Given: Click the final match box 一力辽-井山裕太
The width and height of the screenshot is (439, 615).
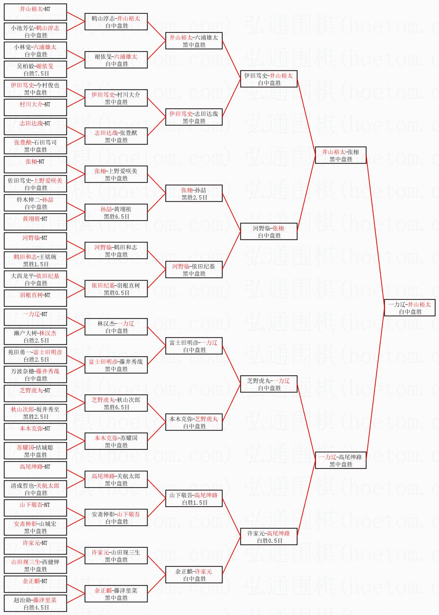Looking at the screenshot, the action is click(410, 308).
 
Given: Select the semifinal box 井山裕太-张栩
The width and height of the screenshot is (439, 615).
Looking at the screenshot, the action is click(341, 155).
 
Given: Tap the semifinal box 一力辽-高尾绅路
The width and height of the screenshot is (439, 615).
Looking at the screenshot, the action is click(341, 460).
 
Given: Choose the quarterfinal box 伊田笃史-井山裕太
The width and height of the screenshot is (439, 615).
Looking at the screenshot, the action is click(269, 79).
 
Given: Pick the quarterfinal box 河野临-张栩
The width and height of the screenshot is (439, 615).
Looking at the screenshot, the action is click(269, 231).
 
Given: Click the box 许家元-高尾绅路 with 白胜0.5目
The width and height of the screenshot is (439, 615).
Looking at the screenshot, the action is click(269, 537).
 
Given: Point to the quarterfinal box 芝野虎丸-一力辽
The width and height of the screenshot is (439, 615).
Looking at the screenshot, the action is click(269, 384).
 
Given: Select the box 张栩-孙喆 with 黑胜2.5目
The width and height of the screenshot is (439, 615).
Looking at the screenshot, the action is click(194, 193).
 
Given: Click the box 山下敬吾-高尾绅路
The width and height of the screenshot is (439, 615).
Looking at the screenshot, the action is click(194, 498).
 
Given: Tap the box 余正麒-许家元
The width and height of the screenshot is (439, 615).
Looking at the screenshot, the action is click(194, 575).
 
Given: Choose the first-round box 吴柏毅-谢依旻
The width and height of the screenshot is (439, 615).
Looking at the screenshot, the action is click(35, 69).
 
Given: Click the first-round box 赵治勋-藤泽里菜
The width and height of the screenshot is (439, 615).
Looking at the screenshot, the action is click(35, 603).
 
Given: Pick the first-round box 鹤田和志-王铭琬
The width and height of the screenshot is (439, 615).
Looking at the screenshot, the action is click(35, 260).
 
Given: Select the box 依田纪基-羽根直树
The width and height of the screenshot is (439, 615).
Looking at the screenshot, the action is click(116, 289).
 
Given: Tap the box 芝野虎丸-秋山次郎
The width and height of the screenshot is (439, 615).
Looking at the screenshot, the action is click(116, 403).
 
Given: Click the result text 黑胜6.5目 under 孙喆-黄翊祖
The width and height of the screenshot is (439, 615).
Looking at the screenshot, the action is click(116, 216).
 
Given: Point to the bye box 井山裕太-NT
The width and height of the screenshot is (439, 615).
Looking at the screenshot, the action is click(35, 12).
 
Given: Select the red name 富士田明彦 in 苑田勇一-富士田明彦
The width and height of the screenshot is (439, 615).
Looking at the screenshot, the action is click(48, 352).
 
